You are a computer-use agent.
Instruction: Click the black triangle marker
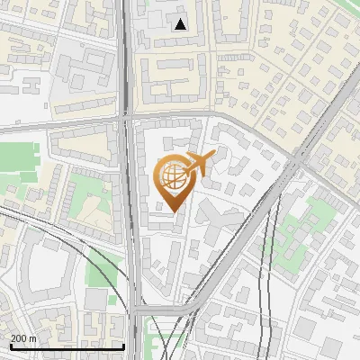pyautogui.click(x=182, y=24)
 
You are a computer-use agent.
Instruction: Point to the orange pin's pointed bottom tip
pyautogui.click(x=172, y=211)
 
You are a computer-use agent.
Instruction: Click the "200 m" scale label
pyautogui.click(x=23, y=337)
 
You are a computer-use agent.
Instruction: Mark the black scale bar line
pyautogui.click(x=67, y=346)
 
